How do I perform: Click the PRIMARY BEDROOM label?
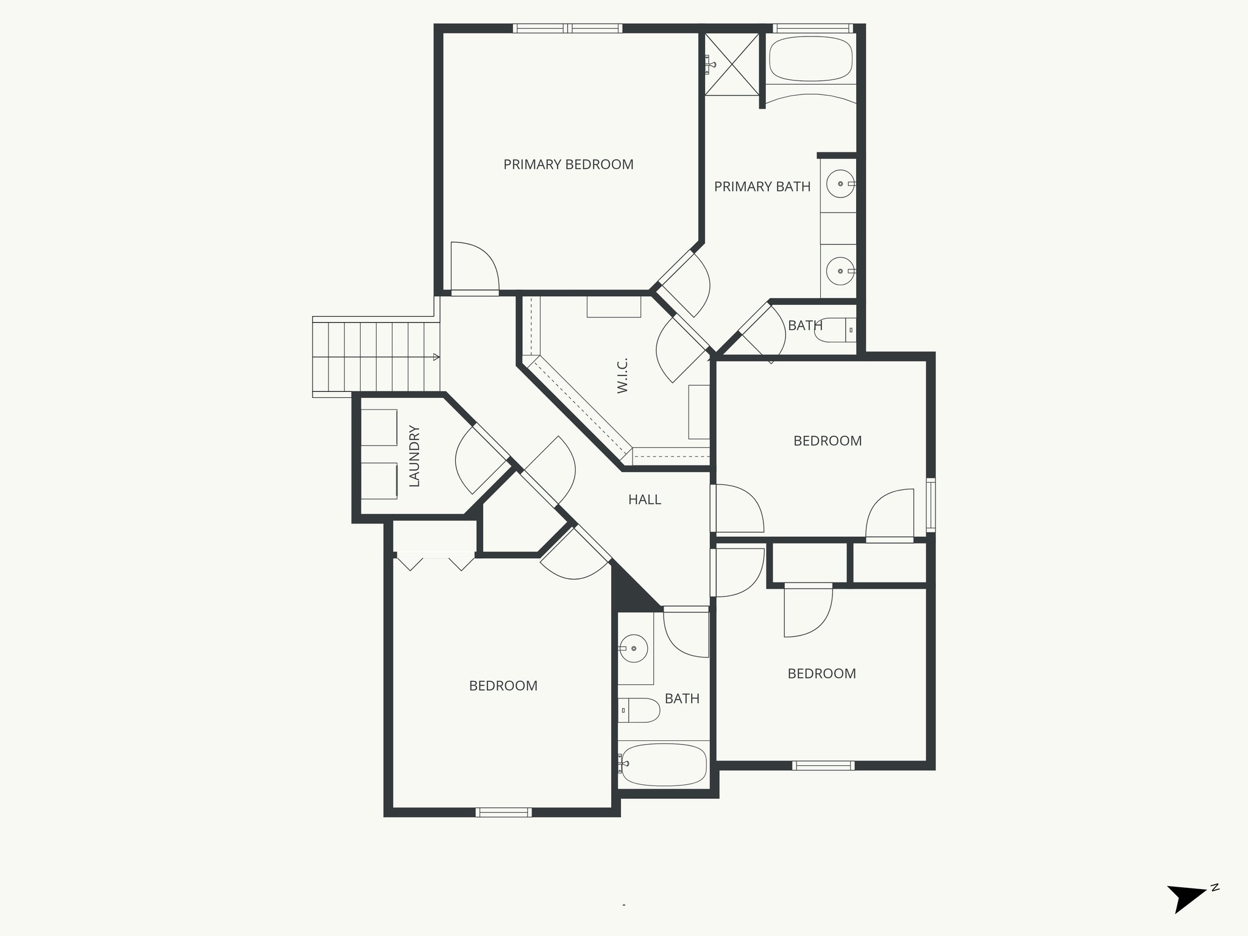point(568,165)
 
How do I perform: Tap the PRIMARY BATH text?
point(762,186)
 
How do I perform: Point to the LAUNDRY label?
point(414,456)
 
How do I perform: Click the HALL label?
point(644,500)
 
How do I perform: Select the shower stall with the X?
point(732,64)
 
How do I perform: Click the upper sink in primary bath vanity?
point(841,184)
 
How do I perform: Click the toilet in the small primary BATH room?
point(836,330)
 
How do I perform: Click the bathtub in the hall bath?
point(663,765)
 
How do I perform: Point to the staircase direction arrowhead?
point(436,357)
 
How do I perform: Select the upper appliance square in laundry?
point(379,427)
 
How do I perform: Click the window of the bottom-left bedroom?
point(503,812)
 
